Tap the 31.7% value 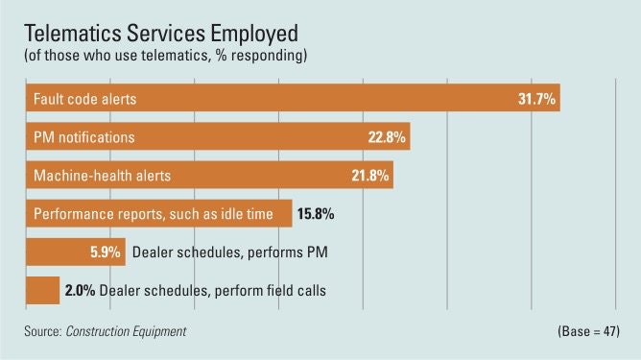[537, 99]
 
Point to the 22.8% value [388, 137]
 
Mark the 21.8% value [370, 176]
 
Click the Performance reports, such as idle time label [154, 214]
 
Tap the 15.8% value [314, 214]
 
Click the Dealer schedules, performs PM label [215, 252]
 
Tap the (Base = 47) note [586, 330]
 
